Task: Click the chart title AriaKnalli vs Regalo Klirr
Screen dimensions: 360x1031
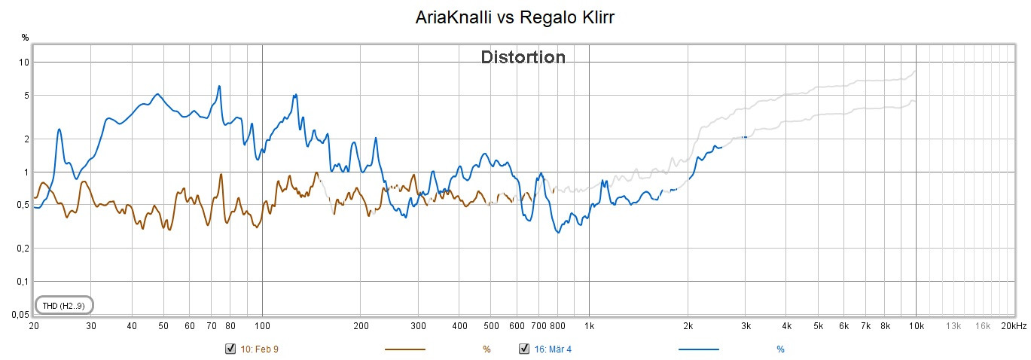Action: click(x=515, y=17)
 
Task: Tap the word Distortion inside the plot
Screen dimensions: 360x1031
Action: click(x=523, y=57)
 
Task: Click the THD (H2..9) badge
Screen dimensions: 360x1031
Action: click(x=63, y=305)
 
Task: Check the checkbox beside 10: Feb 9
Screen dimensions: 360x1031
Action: click(x=230, y=349)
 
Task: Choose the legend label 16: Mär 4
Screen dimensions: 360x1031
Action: click(x=557, y=349)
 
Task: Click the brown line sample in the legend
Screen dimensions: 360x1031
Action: click(x=405, y=349)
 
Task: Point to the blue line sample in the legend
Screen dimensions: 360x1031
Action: click(x=699, y=349)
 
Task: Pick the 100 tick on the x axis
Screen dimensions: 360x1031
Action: click(x=262, y=326)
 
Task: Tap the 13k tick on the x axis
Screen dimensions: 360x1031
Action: click(x=953, y=326)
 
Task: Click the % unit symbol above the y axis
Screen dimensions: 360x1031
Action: click(x=25, y=37)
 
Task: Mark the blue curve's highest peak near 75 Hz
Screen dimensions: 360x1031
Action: click(x=219, y=86)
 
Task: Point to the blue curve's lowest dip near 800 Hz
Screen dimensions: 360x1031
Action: click(x=558, y=232)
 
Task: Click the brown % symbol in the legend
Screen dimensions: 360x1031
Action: click(x=487, y=349)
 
